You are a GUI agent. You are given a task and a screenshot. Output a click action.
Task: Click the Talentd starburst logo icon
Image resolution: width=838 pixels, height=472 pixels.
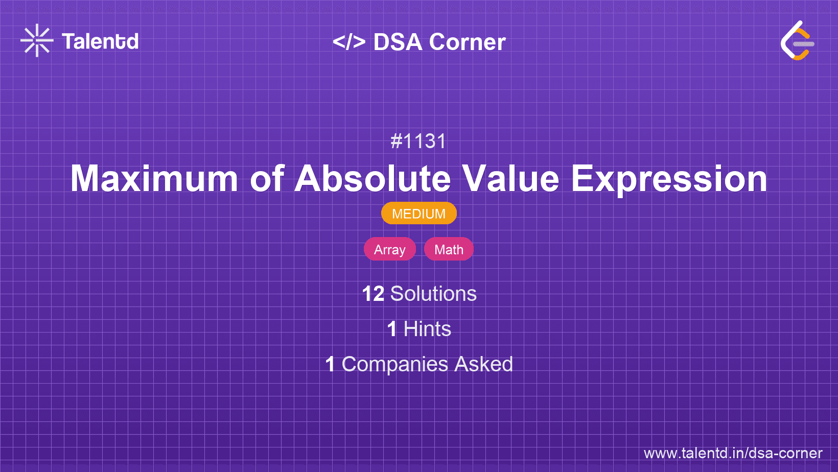[x=37, y=41]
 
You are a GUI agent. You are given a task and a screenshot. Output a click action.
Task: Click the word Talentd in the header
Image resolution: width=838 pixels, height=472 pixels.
[x=100, y=41]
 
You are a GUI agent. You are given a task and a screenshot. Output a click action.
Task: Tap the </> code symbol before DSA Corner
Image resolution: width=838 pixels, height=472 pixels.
[x=349, y=42]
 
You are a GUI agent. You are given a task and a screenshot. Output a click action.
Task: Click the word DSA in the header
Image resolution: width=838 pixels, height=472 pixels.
[x=398, y=42]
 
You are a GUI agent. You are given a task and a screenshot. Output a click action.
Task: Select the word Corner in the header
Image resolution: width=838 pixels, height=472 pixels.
[x=467, y=42]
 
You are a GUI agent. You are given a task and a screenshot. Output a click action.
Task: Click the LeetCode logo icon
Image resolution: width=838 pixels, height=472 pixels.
[x=797, y=41]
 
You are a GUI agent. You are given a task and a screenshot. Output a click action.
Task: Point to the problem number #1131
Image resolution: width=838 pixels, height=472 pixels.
[x=418, y=141]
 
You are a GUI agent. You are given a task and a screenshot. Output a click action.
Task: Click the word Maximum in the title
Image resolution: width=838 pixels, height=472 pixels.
[x=154, y=179]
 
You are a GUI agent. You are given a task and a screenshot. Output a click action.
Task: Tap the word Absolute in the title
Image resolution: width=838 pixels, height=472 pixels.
[x=373, y=179]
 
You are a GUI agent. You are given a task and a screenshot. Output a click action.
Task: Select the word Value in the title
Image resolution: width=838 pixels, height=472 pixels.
[x=510, y=179]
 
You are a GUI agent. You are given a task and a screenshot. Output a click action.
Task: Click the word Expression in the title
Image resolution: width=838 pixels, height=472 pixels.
[x=669, y=179]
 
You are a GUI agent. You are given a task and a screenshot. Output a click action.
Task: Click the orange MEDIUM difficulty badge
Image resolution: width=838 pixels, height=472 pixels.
[x=418, y=214]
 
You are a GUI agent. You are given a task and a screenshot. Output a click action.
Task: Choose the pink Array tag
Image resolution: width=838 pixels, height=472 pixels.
[x=389, y=249]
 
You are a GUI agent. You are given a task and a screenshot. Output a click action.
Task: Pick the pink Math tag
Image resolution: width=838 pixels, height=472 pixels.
[x=449, y=249]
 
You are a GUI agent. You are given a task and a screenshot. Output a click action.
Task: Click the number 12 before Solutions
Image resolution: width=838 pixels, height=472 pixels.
[x=373, y=294]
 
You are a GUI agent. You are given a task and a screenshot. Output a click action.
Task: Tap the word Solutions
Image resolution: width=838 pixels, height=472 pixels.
[x=433, y=294]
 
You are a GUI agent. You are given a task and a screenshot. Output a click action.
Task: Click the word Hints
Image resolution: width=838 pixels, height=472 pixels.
[x=427, y=329]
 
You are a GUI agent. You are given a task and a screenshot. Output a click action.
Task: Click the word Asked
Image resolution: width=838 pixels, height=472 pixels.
[x=483, y=364]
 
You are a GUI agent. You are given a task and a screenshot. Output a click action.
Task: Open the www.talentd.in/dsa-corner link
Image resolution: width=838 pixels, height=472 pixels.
[x=733, y=453]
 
